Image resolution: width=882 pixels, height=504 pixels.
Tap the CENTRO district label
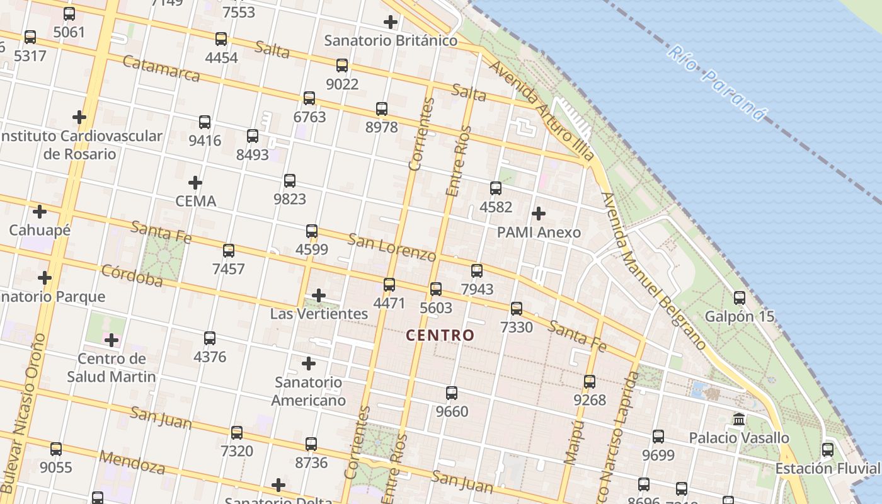[x=440, y=335]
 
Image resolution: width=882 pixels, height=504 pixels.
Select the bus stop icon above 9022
[x=342, y=65]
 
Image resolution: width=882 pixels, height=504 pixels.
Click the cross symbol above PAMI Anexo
[x=539, y=214]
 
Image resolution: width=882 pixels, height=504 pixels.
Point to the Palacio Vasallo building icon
[x=739, y=419]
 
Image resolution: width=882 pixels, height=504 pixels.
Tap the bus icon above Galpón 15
[x=740, y=297]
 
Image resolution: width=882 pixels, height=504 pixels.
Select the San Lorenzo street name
[x=392, y=248]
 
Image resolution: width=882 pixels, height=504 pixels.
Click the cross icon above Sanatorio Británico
[x=391, y=22]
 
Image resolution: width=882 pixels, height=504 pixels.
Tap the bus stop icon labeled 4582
[x=496, y=188]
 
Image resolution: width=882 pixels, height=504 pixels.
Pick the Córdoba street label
[x=132, y=276]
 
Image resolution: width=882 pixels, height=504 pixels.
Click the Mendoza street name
[x=132, y=462]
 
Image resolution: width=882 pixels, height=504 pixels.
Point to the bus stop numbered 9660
[x=452, y=393]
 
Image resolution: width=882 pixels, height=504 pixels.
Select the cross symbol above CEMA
[x=195, y=183]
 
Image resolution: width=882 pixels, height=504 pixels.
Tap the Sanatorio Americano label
[x=309, y=391]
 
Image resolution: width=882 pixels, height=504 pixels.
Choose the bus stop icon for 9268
[x=590, y=381]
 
